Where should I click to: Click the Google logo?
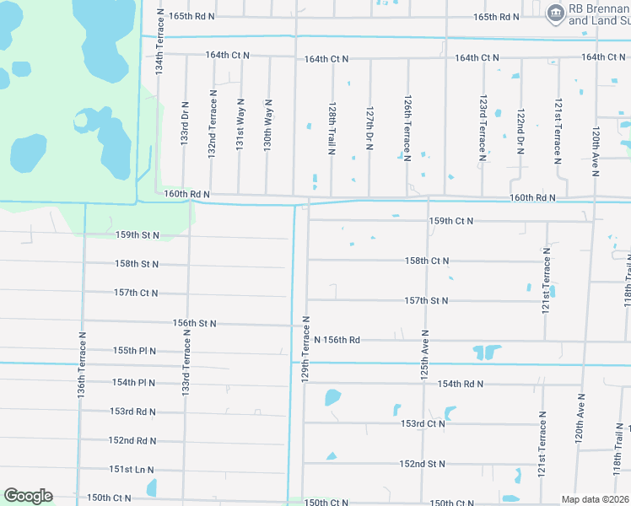[x=28, y=496]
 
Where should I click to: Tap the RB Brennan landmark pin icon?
[x=556, y=11]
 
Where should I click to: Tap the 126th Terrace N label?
[x=407, y=128]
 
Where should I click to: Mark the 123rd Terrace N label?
[x=483, y=128]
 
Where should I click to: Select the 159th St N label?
[x=137, y=235]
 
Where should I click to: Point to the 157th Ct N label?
[x=136, y=293]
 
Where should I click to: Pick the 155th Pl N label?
[x=135, y=351]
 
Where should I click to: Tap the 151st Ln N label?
[x=132, y=470]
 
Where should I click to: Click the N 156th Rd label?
[x=337, y=340]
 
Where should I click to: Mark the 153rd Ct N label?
[x=423, y=423]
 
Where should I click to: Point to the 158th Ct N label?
[x=427, y=261]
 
